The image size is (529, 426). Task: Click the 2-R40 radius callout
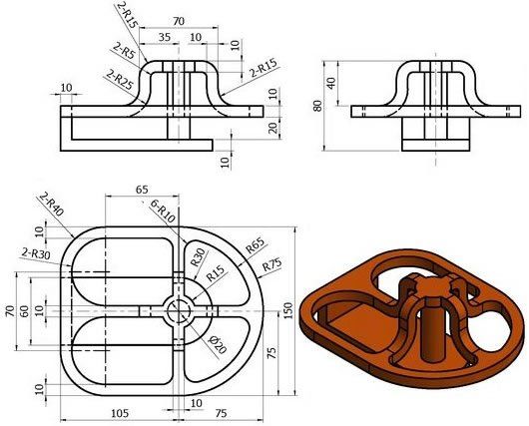pos(52,204)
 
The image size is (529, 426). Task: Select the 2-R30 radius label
pos(36,253)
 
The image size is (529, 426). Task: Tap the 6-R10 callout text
pos(163,212)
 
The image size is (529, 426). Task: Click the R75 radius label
pos(271,264)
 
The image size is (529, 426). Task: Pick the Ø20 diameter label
pos(218,344)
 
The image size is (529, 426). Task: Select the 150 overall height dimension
pos(287,311)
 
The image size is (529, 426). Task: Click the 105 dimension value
pos(120,413)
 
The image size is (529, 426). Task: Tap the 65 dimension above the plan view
pos(142,190)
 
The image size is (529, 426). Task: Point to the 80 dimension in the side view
pos(317,106)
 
